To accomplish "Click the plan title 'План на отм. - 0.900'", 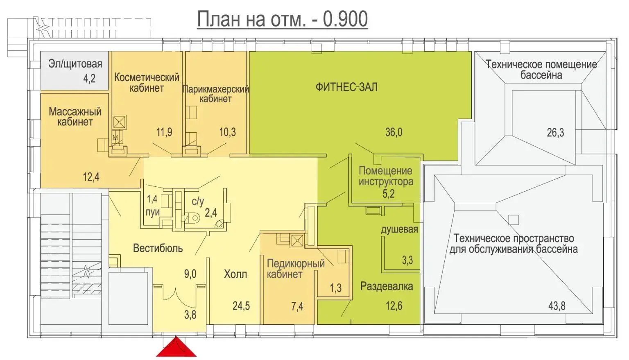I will [x=282, y=19].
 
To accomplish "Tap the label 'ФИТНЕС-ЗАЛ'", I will [x=346, y=87].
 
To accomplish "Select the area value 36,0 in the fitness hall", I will [x=394, y=132].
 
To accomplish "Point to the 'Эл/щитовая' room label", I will [x=75, y=64].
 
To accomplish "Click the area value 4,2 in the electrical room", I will [x=89, y=78].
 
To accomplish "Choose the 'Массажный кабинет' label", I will [x=75, y=116].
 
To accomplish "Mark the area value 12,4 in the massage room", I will [x=91, y=177].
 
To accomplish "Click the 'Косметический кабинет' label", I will [x=147, y=82].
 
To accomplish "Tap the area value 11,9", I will [x=164, y=132].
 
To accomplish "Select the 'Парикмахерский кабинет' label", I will [x=215, y=94].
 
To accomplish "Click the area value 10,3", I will [x=227, y=132].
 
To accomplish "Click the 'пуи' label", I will [x=153, y=212].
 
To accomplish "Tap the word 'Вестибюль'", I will [x=158, y=248].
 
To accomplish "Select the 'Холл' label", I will [x=235, y=274].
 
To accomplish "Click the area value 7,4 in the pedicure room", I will [x=297, y=306].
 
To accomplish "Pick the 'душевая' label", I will [x=399, y=229].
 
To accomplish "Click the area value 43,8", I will [x=557, y=306].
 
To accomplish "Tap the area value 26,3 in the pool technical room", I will [x=555, y=133].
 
